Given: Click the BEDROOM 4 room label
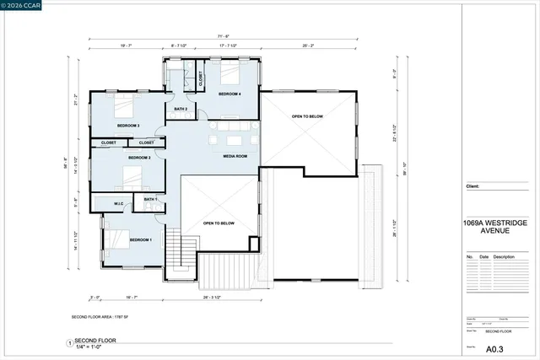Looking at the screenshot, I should [x=230, y=94].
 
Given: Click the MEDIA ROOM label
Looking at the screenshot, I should [x=235, y=156].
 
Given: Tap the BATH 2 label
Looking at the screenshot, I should [x=181, y=109].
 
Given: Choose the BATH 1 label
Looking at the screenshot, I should [x=150, y=199].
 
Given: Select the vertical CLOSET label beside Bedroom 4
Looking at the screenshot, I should [x=200, y=79].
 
